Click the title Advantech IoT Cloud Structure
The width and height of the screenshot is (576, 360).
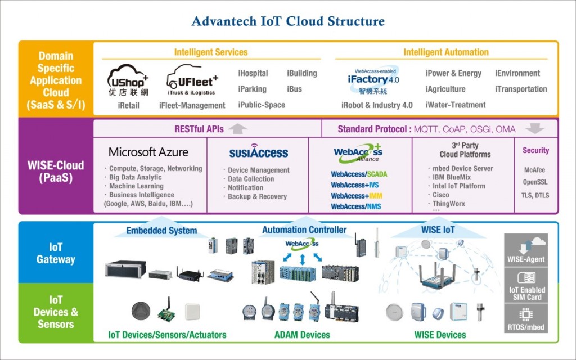[x=288, y=21]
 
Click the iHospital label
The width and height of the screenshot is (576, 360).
[x=253, y=73]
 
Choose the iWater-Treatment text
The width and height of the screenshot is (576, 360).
[x=455, y=105]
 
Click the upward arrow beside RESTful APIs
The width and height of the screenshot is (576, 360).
[x=238, y=129]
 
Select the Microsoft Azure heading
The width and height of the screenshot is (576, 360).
[x=148, y=152]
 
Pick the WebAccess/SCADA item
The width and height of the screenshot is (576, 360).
[x=359, y=174]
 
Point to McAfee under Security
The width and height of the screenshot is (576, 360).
[x=534, y=170]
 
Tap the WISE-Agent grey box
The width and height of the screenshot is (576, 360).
[x=526, y=250]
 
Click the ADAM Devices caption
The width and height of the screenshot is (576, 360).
[x=302, y=335]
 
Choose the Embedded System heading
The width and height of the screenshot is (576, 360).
[x=161, y=230]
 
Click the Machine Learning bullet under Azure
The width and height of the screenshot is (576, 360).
[x=136, y=186]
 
